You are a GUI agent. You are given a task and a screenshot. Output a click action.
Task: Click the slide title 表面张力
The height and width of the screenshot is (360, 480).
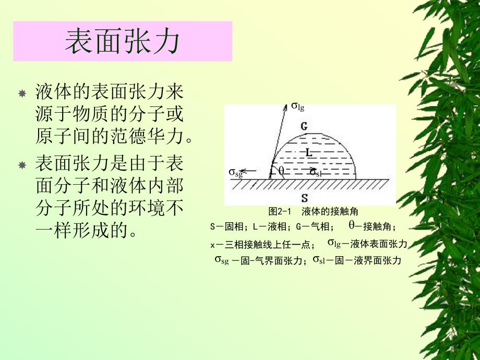[x=122, y=42]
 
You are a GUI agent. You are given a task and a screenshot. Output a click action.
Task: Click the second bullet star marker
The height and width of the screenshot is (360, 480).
[x=22, y=165]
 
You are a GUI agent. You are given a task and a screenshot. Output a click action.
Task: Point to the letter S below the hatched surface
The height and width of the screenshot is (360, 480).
[x=304, y=198]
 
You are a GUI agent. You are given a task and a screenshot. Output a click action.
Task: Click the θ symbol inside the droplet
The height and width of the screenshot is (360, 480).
[x=281, y=171]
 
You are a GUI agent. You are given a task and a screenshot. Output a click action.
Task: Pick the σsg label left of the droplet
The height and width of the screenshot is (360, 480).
[x=236, y=172]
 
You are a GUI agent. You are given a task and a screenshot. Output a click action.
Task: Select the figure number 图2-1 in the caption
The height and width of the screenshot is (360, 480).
[x=279, y=211]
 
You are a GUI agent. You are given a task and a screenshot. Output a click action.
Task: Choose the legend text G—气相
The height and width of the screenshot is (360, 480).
[x=313, y=227]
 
